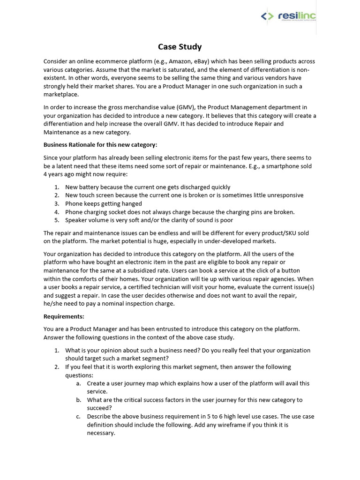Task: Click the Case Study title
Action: [180, 46]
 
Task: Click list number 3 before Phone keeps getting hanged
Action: [56, 203]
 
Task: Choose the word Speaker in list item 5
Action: [76, 220]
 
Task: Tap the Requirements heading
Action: [64, 316]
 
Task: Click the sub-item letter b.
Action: [78, 400]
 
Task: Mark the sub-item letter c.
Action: [78, 416]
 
